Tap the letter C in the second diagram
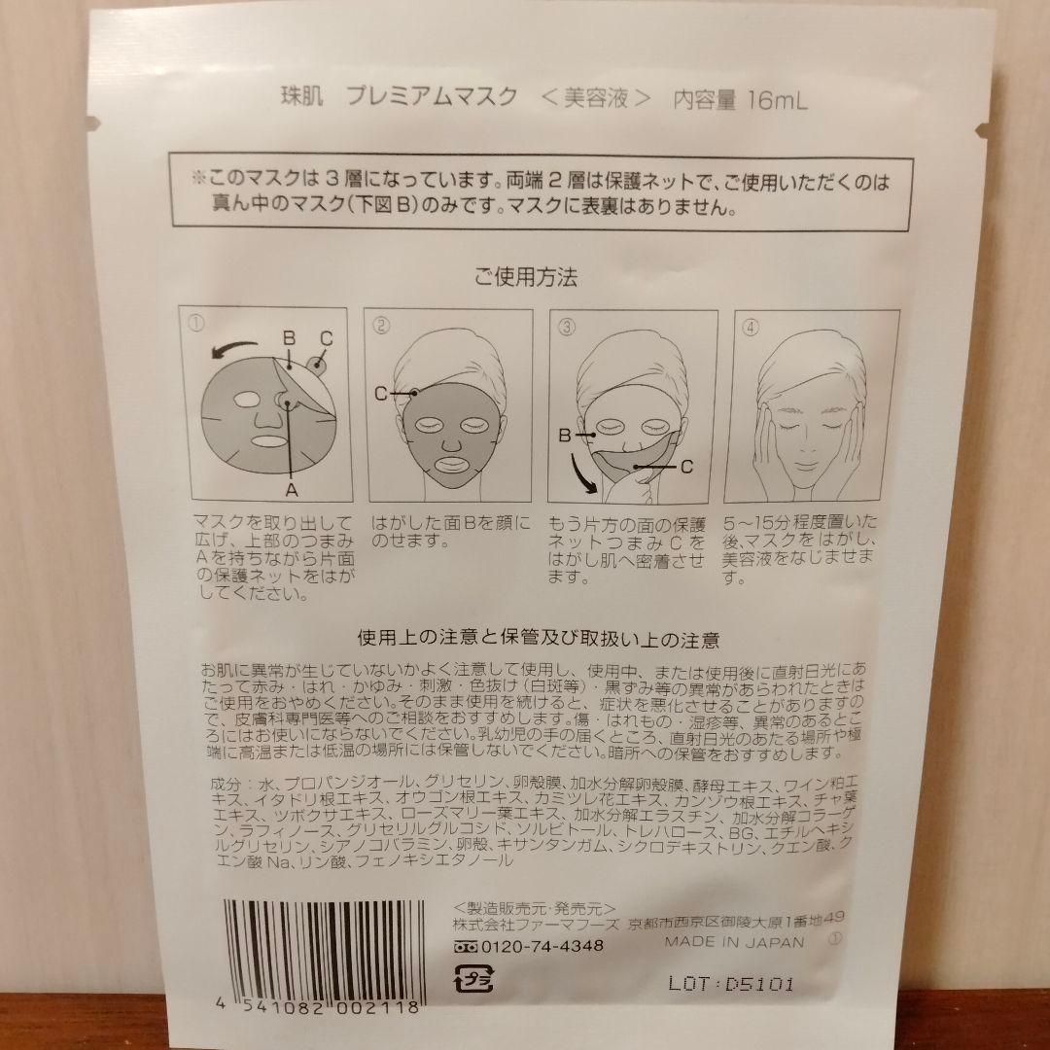pos(381,393)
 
